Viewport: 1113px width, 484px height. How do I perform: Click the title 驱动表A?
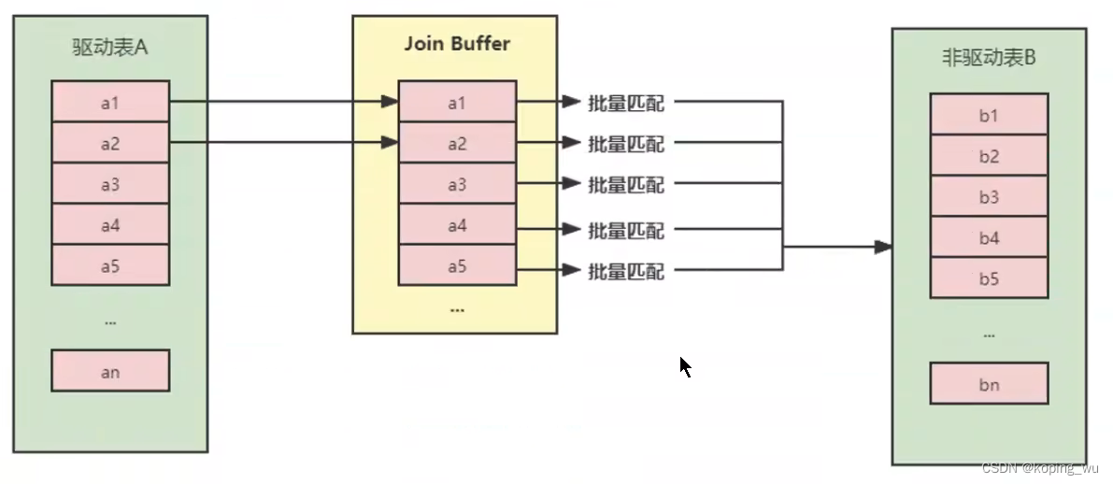pos(110,48)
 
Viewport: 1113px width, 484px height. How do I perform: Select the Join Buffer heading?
pos(457,44)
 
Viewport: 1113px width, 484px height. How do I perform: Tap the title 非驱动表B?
pos(989,58)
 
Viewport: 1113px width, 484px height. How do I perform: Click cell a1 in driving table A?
pos(110,102)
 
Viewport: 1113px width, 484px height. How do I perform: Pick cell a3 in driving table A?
pos(110,184)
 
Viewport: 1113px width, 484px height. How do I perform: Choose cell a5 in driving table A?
pos(110,265)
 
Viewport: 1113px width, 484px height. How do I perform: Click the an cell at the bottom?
pos(110,371)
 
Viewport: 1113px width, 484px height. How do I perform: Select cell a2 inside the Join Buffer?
pos(457,144)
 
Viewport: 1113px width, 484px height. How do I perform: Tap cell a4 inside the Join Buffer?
pos(457,225)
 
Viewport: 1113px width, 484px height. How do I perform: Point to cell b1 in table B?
pos(989,115)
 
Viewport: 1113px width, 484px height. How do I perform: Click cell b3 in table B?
pos(989,197)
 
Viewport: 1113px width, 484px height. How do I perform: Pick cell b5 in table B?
pos(989,278)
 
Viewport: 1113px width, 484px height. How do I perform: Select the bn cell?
pos(989,384)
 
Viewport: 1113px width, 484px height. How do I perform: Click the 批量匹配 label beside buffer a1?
pos(625,103)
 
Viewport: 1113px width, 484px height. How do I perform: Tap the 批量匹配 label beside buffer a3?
pos(625,184)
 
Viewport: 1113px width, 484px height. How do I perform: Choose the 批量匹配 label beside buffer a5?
pos(625,271)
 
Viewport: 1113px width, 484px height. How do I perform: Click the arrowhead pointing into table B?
pos(883,248)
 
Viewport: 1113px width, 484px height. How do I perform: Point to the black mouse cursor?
pos(685,366)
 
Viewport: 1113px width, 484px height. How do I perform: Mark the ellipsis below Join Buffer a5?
pos(457,308)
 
